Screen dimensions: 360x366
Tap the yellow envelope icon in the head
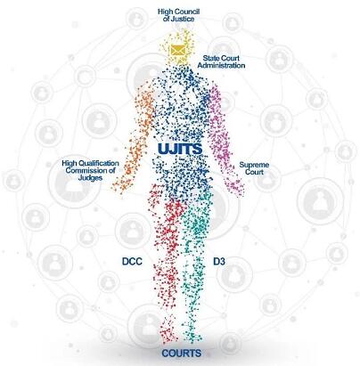[178, 50]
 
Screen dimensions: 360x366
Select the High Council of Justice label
[178, 15]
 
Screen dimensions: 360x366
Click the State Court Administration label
[221, 61]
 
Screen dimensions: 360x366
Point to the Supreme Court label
[254, 168]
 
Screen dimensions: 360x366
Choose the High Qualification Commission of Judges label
[90, 170]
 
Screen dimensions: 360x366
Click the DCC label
[132, 262]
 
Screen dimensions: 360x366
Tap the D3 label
[219, 262]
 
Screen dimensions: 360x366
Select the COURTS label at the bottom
[182, 354]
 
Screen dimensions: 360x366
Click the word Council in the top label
[187, 12]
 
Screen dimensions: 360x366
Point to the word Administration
[221, 66]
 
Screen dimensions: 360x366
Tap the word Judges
[90, 178]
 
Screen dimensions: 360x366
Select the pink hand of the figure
[237, 188]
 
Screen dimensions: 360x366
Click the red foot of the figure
[168, 331]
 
